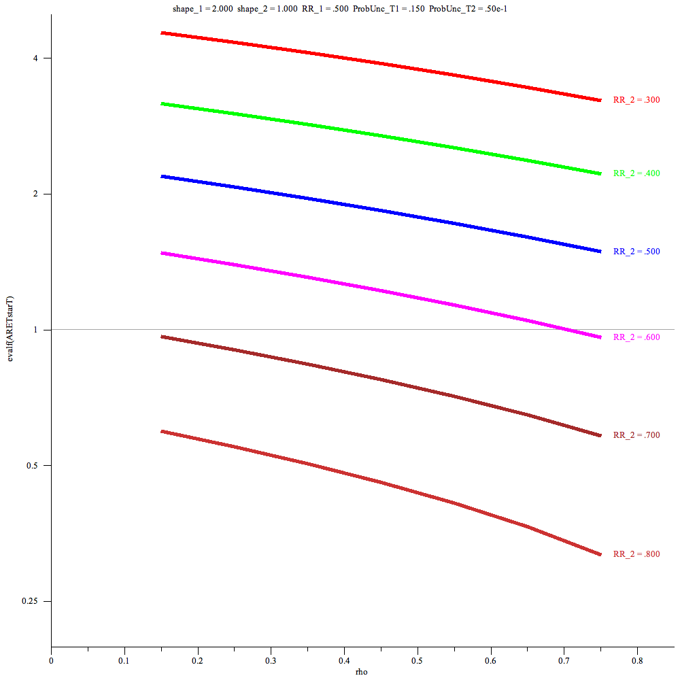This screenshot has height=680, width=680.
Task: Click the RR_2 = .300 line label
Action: click(636, 100)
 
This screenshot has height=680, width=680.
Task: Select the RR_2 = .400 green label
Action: click(636, 173)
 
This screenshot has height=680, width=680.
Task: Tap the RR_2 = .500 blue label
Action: click(636, 252)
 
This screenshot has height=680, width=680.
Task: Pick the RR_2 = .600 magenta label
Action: click(636, 337)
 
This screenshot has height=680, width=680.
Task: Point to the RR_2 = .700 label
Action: click(636, 435)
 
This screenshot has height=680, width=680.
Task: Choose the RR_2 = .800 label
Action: click(636, 554)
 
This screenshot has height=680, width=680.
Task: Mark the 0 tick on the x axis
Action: click(51, 660)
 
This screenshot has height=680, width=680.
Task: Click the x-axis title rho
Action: click(362, 672)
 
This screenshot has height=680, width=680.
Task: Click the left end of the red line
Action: click(161, 33)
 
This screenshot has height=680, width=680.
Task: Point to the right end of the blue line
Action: click(600, 252)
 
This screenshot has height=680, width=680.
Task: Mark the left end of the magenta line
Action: click(161, 253)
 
